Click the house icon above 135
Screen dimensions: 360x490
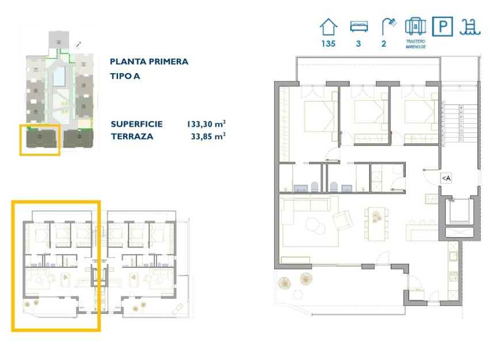[328, 27]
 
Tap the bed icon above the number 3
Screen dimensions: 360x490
[358, 27]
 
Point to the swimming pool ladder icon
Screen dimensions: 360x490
[470, 27]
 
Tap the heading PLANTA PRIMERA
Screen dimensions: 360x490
[149, 62]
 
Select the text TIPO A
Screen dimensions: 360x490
[125, 75]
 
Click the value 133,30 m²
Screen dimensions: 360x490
[206, 124]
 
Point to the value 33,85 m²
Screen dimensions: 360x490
[208, 137]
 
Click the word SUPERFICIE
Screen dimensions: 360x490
[136, 124]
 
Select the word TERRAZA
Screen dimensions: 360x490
[132, 137]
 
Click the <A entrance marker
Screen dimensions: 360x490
[446, 179]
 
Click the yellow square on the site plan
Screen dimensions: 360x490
[40, 140]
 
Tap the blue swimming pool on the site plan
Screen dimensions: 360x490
[59, 78]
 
